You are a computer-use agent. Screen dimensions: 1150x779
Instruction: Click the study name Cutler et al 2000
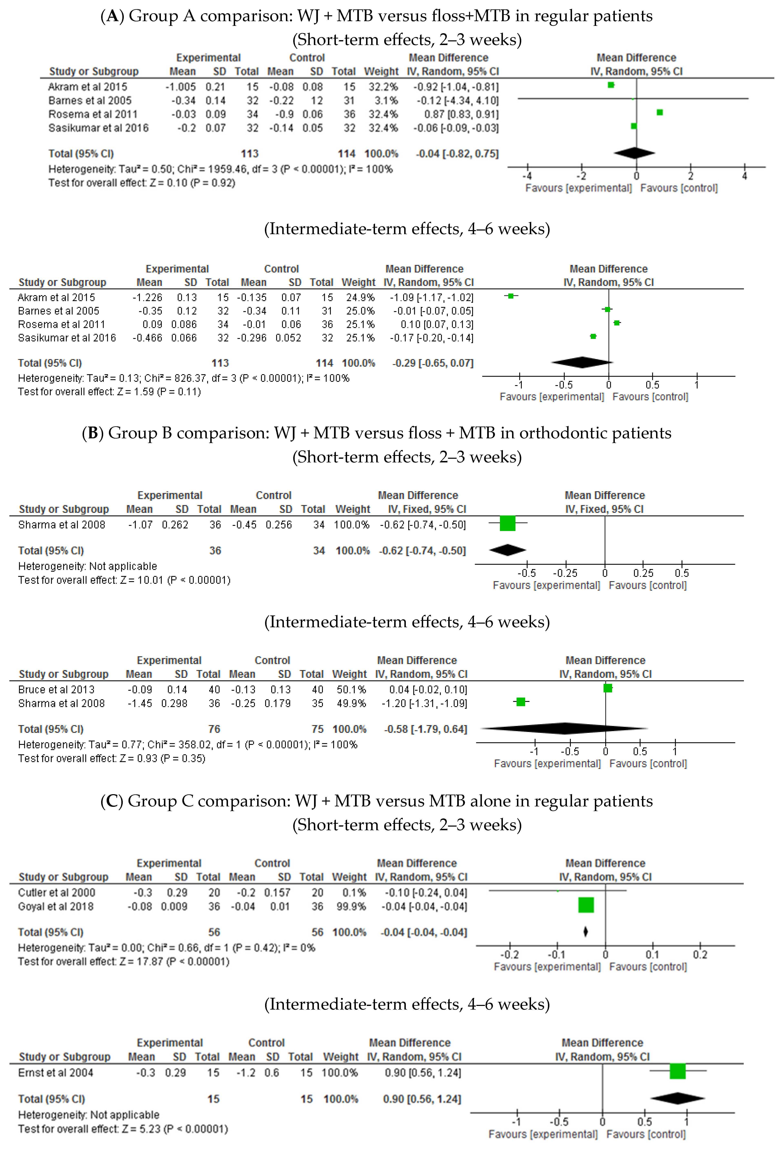[56, 893]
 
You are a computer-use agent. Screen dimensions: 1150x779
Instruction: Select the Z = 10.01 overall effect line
[124, 580]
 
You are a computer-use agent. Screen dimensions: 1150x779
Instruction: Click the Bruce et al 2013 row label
[56, 689]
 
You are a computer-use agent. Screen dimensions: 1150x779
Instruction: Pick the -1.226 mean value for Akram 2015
[147, 297]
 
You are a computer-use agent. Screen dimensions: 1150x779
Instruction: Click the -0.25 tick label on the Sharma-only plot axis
[565, 573]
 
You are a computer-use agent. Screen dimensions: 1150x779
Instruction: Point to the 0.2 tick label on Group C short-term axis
[700, 955]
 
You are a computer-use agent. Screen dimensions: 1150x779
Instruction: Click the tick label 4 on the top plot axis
[744, 176]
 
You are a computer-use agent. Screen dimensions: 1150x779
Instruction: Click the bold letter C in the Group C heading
[111, 801]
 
